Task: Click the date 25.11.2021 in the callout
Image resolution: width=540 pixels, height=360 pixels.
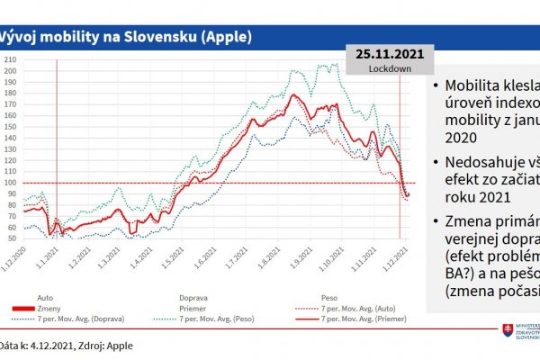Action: tap(389, 54)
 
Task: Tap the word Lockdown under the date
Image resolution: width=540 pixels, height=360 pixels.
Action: tap(389, 67)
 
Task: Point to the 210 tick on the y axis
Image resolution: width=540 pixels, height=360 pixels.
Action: tap(11, 59)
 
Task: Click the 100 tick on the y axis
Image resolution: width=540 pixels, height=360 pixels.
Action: tap(11, 183)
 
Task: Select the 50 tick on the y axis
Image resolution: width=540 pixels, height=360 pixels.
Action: tap(12, 238)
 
